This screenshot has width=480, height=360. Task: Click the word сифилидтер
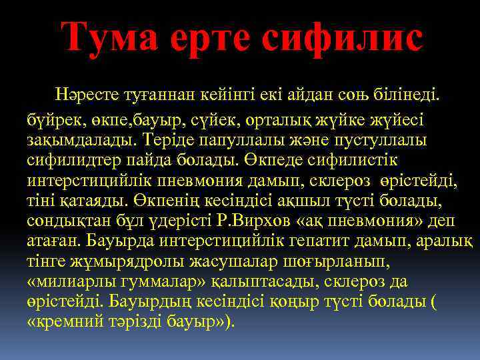point(66,161)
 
